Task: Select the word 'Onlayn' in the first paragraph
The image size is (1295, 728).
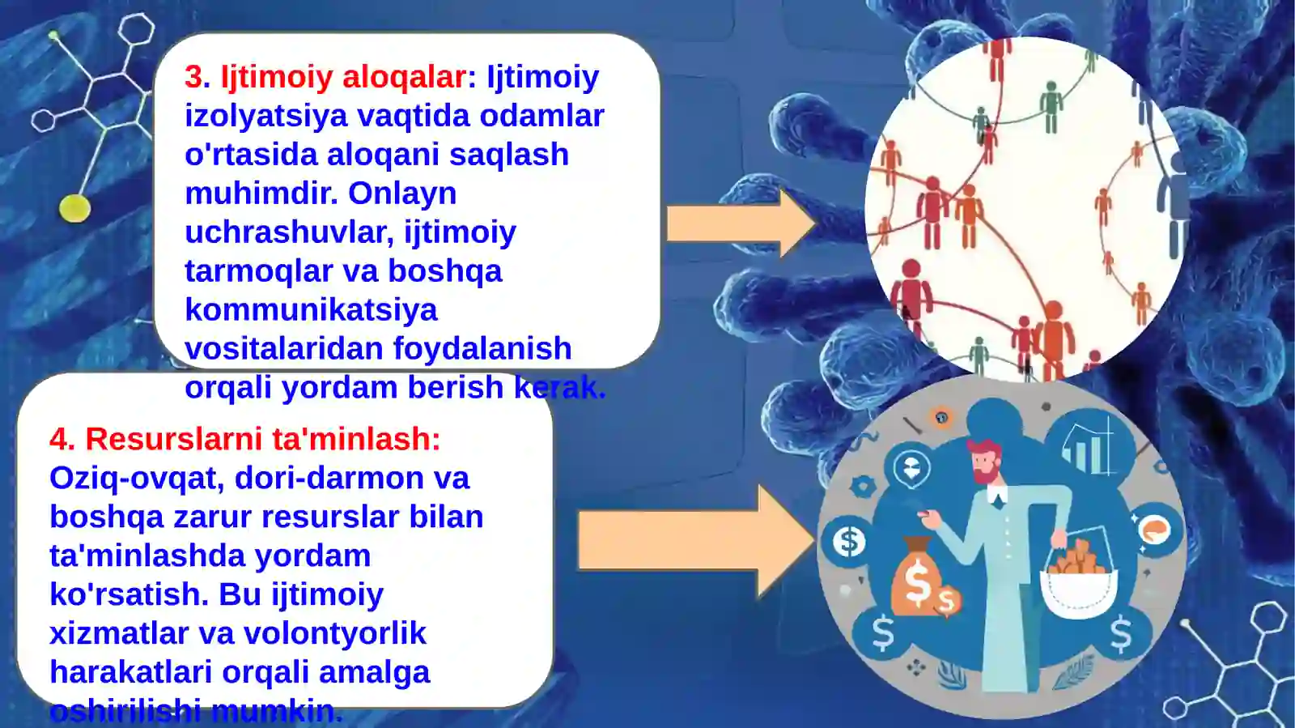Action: coord(402,194)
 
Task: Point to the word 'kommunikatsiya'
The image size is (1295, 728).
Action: coord(311,310)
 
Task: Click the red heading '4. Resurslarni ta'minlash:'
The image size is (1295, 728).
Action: coord(244,439)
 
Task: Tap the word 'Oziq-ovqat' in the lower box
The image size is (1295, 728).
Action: coord(136,478)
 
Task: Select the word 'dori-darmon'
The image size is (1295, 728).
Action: coord(329,478)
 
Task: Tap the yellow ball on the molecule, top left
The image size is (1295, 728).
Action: coord(74,208)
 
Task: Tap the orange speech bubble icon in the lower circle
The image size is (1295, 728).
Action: coord(1154,530)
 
